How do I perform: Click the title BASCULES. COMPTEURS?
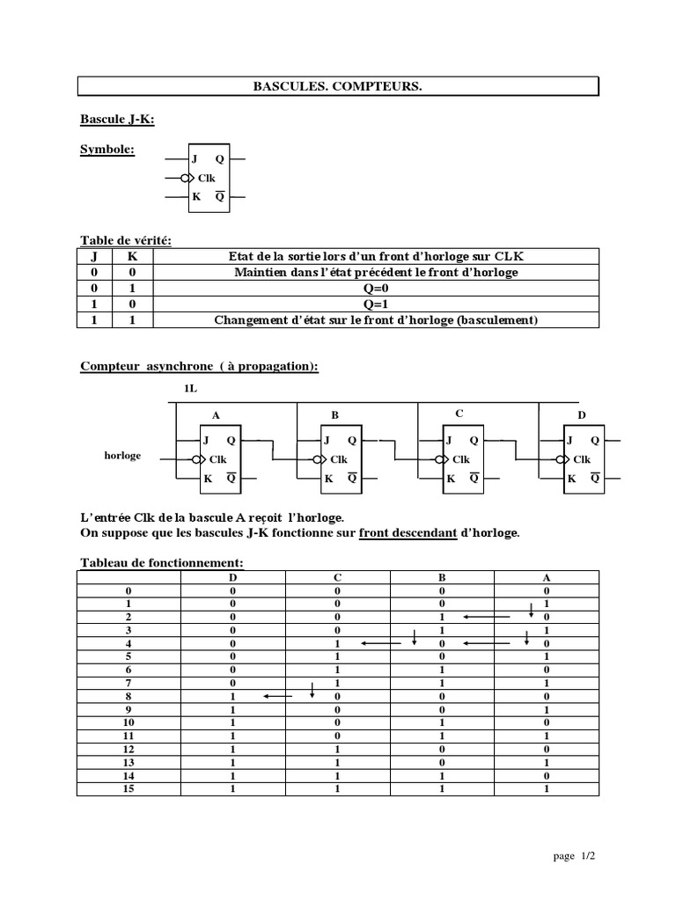338,86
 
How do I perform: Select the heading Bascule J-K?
117,120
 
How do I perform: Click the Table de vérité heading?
126,239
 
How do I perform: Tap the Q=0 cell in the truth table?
376,289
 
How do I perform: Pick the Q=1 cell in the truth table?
376,304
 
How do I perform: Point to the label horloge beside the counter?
122,456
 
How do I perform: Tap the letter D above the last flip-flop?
581,414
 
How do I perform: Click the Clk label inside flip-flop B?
338,459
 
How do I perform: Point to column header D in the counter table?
233,577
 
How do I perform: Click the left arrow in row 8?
277,697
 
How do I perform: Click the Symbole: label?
107,150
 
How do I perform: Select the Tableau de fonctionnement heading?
161,562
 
